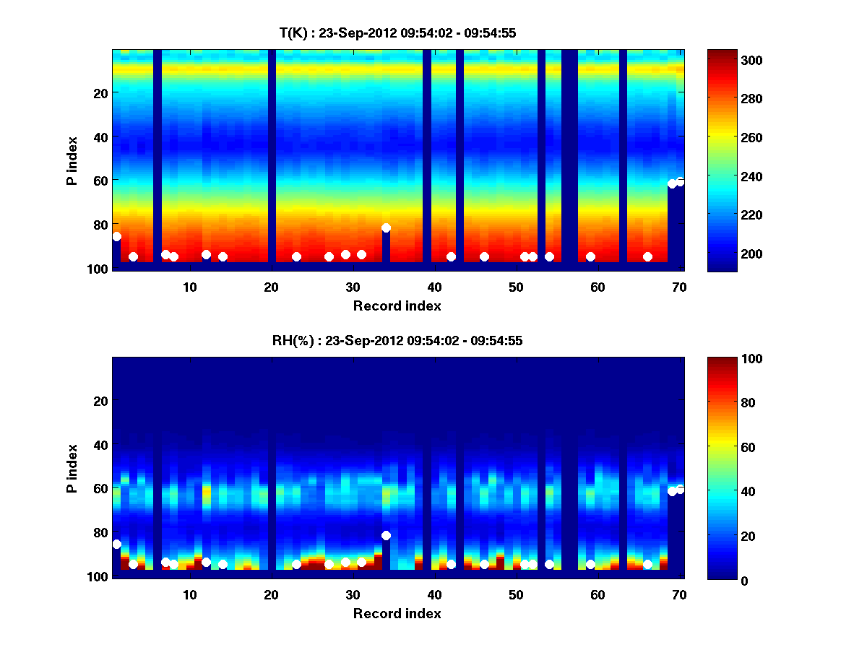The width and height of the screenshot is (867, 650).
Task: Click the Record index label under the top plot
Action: click(x=397, y=305)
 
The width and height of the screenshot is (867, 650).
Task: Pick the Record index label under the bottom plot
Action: click(x=397, y=613)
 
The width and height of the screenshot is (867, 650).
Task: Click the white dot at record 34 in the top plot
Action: click(x=386, y=227)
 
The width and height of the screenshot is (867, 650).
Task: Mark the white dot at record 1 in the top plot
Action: click(x=116, y=236)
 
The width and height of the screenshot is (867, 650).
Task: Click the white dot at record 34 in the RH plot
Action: click(x=386, y=535)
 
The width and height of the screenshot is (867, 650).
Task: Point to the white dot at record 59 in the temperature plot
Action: click(x=590, y=256)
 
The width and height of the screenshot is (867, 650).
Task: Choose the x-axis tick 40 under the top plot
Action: click(x=434, y=287)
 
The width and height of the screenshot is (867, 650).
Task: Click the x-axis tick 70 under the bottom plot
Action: click(x=679, y=594)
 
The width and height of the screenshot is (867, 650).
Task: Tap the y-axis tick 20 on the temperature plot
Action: click(x=100, y=92)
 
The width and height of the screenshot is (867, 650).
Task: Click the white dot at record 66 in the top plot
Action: click(x=647, y=256)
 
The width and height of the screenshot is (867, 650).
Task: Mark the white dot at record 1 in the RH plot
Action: click(x=116, y=544)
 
